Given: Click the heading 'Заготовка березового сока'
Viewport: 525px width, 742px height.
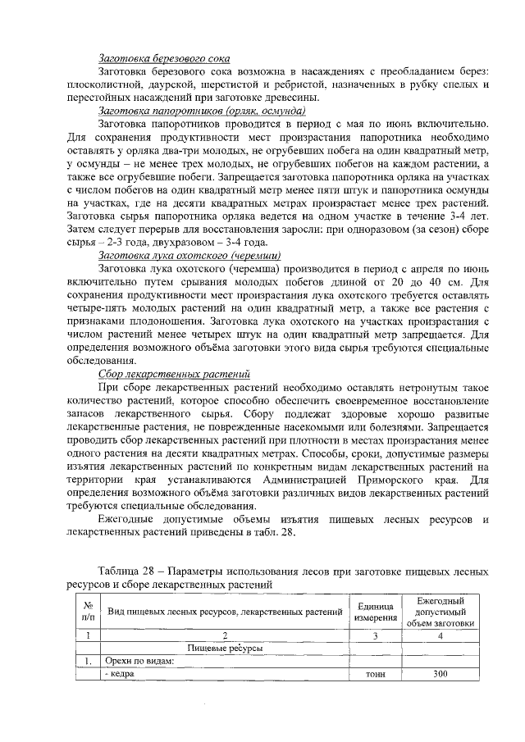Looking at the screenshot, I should [x=163, y=59].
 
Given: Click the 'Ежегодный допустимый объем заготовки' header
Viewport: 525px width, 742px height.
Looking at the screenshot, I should [x=441, y=611].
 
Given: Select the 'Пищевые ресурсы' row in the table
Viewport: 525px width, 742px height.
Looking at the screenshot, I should [x=225, y=647].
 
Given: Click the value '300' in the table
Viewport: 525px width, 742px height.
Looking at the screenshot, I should [x=441, y=673].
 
